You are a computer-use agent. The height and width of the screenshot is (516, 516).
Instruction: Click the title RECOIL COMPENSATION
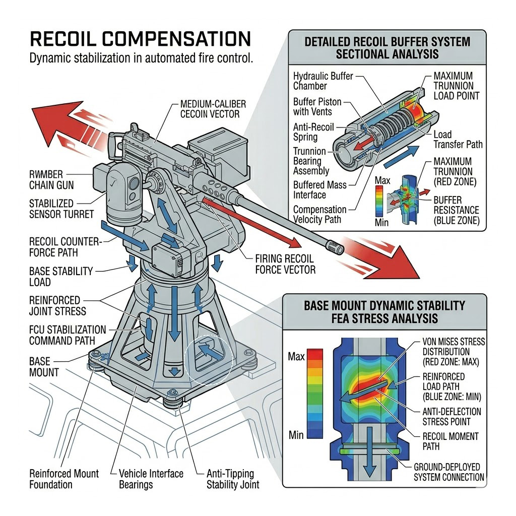(x=140, y=39)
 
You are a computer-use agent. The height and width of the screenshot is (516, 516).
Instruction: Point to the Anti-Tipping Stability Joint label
(x=233, y=479)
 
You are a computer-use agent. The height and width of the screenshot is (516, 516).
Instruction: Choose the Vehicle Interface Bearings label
(x=151, y=479)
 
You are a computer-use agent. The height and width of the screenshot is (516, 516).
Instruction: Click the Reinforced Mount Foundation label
(x=64, y=479)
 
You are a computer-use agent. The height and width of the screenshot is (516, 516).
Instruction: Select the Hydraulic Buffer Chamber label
(x=323, y=81)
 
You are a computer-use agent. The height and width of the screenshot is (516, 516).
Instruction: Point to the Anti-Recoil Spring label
(x=313, y=132)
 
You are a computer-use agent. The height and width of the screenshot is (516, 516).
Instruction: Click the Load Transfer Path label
(x=458, y=139)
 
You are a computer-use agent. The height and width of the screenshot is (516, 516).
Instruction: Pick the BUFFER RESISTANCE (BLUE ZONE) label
(x=456, y=210)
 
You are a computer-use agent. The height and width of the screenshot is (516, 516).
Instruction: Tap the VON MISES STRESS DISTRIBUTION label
(x=453, y=351)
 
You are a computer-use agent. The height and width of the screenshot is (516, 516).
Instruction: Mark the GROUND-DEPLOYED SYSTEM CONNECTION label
(x=448, y=472)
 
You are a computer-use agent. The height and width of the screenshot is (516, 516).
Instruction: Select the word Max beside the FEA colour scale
(x=296, y=357)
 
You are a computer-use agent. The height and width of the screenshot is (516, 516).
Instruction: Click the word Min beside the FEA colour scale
(x=296, y=434)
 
